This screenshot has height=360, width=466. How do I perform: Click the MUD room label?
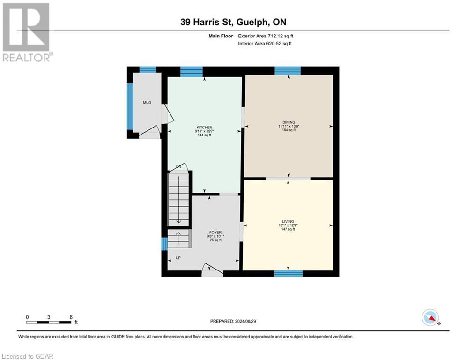point(147,102)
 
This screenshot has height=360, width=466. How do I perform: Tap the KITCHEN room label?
point(205,127)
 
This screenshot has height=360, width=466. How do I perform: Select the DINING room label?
point(289,122)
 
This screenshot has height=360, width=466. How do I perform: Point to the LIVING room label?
point(288,222)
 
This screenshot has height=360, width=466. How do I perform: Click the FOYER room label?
point(215,232)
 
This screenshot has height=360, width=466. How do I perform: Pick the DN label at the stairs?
point(178,166)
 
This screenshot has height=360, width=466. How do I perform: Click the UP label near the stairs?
point(178,258)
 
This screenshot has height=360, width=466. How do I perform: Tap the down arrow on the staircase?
point(178,200)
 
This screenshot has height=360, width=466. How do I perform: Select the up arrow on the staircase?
point(178,238)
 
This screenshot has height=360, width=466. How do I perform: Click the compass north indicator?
point(430,317)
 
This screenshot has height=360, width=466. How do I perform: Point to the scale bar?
point(49,322)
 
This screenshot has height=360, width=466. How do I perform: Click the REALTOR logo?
point(27,32)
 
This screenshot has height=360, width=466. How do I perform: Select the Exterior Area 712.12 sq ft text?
point(266,36)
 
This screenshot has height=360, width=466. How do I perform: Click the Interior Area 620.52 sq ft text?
point(265,44)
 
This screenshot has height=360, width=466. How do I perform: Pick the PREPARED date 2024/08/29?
point(233,321)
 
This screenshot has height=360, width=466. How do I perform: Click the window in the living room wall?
point(288,273)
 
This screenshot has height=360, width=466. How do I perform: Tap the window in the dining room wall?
point(288,71)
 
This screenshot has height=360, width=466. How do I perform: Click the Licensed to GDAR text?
point(27,356)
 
